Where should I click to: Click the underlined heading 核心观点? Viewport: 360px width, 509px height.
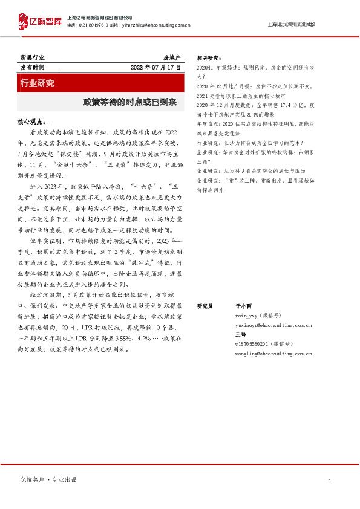click(x=33, y=122)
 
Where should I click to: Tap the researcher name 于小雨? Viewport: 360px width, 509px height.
click(x=243, y=306)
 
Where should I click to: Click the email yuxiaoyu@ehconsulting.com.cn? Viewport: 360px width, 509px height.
click(x=273, y=325)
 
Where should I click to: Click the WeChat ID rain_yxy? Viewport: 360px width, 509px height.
click(x=247, y=316)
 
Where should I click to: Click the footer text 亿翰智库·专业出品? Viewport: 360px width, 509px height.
click(x=49, y=479)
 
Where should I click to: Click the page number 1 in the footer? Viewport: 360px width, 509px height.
click(x=329, y=480)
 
